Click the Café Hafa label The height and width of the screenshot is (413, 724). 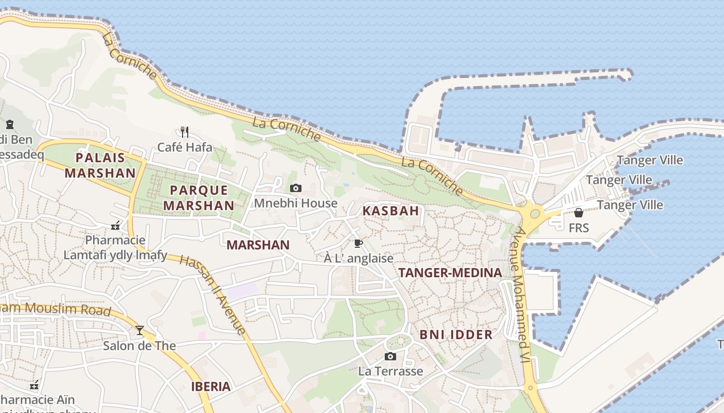point(185,147)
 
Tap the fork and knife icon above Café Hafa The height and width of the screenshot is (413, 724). point(185,132)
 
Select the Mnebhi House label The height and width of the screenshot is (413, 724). point(295,203)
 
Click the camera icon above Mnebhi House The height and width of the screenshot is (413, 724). point(296,188)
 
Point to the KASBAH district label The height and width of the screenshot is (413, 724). point(390,211)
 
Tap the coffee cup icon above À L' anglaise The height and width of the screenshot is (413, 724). point(358,243)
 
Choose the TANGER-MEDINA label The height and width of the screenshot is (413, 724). point(450,273)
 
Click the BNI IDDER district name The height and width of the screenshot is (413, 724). point(456,335)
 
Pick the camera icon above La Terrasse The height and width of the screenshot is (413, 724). point(390,356)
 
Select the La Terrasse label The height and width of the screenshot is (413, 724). point(390,371)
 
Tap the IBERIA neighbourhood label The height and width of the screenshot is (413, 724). point(210,386)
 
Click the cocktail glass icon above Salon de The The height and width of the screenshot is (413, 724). point(140,330)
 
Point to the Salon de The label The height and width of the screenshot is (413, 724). point(140,345)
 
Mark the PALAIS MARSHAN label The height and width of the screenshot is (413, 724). point(100,165)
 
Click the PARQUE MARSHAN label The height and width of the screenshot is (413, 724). point(199,197)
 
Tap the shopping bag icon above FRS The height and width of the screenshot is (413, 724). point(579,213)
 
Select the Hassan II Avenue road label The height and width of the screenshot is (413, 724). point(213,294)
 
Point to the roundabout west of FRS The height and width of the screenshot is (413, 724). point(535,213)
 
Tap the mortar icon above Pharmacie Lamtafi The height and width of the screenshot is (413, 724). point(115,226)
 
